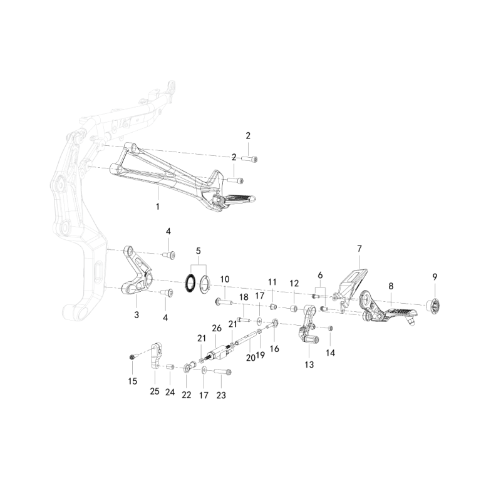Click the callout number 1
[x=158, y=206]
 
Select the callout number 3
[x=137, y=314]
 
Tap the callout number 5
[x=199, y=251]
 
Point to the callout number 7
[x=359, y=249]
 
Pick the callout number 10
[x=225, y=279]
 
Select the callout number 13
[x=309, y=364]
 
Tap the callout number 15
[x=132, y=381]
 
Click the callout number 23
[x=221, y=395]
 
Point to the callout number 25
[x=155, y=391]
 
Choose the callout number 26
[x=217, y=328]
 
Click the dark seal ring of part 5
[x=189, y=283]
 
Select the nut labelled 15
[x=132, y=357]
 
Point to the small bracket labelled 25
[x=156, y=355]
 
